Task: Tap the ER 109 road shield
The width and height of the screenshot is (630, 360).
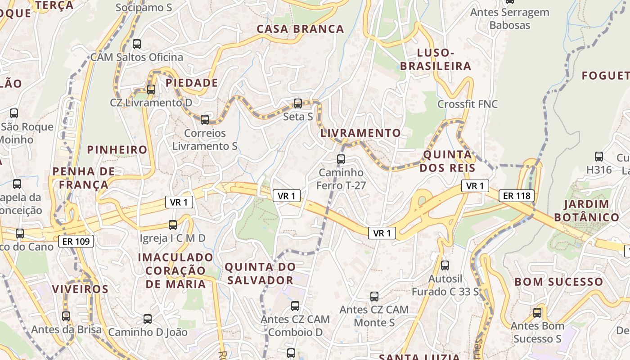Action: click(x=76, y=242)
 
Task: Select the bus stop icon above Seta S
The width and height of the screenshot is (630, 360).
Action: click(x=297, y=103)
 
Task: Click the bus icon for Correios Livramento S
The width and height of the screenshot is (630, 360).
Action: click(x=205, y=119)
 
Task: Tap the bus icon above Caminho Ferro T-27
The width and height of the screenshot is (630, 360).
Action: click(x=341, y=159)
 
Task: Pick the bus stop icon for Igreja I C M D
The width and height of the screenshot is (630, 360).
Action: click(x=173, y=225)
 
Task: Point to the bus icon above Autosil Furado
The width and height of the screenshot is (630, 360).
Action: click(x=445, y=265)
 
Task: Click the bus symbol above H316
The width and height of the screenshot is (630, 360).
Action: click(x=599, y=157)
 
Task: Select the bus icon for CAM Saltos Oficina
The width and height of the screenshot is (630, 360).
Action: click(x=137, y=44)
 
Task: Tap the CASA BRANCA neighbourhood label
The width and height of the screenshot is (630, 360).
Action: click(x=300, y=29)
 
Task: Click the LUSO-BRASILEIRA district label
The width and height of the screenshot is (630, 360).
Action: click(x=435, y=59)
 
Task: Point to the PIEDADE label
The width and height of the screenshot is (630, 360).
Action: click(x=192, y=83)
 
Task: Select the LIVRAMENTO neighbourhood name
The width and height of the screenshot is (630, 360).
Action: click(x=360, y=133)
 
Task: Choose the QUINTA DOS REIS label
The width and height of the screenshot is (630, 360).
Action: click(x=449, y=162)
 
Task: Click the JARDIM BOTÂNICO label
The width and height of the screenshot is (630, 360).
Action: click(x=586, y=211)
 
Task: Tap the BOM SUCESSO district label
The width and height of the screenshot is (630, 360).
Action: click(x=558, y=282)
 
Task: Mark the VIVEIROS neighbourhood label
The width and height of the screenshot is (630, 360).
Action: click(x=80, y=289)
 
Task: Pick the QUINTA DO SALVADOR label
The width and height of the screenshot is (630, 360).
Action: click(x=260, y=274)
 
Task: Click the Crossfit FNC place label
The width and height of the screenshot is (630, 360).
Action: click(x=468, y=104)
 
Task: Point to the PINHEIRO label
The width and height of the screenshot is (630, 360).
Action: click(x=117, y=150)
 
